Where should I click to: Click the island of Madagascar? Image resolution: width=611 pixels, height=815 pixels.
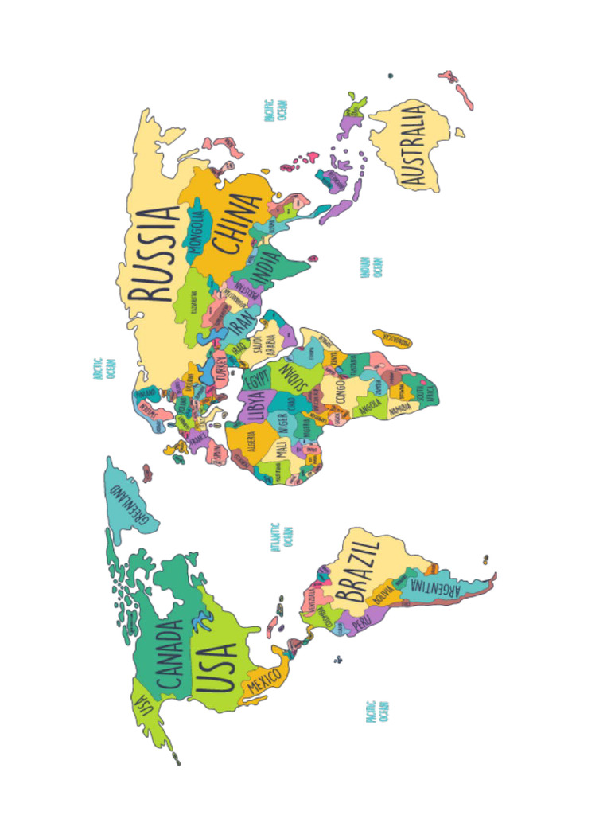coord(391,338)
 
